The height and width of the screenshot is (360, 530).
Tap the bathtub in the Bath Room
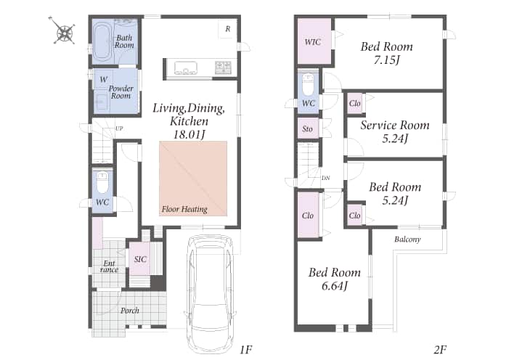(x=102, y=41)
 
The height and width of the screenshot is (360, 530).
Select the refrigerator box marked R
(x=227, y=29)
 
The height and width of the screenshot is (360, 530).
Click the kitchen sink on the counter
(x=185, y=67)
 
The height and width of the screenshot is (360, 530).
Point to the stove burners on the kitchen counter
(x=223, y=67)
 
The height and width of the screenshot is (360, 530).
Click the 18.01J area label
(x=189, y=134)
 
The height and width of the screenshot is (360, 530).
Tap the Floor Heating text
(x=184, y=209)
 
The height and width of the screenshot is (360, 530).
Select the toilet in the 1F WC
(x=102, y=182)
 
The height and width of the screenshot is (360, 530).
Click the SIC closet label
(x=140, y=259)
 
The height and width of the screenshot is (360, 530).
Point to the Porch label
(x=130, y=311)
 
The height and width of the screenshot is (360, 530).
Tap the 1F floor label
(x=245, y=350)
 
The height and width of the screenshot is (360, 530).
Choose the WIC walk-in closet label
(x=313, y=42)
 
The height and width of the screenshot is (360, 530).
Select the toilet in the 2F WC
(x=308, y=85)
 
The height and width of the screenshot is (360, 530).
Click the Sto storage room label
(x=307, y=128)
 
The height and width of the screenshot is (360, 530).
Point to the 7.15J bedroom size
(x=387, y=60)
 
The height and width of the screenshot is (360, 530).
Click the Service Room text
(x=395, y=125)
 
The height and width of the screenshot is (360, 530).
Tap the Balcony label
(x=407, y=240)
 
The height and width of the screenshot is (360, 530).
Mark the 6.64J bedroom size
(x=334, y=286)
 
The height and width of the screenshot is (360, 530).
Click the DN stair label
(x=325, y=178)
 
